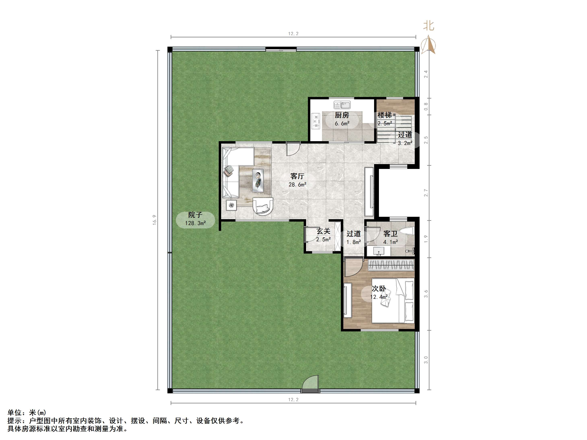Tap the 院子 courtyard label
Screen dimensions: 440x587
(195, 215)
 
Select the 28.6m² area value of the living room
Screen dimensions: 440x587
(297, 185)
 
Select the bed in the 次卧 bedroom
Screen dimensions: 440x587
(393, 300)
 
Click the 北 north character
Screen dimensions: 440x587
(428, 26)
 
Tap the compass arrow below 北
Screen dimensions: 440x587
(428, 45)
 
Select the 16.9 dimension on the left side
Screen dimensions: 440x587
(154, 220)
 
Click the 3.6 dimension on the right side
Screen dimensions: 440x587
(426, 294)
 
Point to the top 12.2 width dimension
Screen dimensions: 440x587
(293, 34)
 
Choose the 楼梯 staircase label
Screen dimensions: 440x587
(385, 115)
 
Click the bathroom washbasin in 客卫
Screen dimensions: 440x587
(379, 251)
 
